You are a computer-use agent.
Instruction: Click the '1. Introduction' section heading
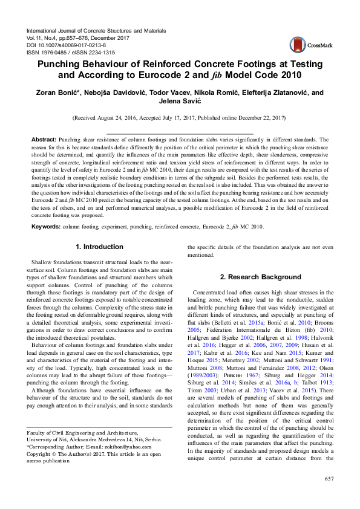[x=99, y=247]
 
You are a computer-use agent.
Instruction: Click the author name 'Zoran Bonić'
[x=59, y=93]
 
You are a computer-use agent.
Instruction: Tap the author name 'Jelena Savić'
[x=180, y=102]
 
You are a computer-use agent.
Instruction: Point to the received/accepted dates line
[x=180, y=118]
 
